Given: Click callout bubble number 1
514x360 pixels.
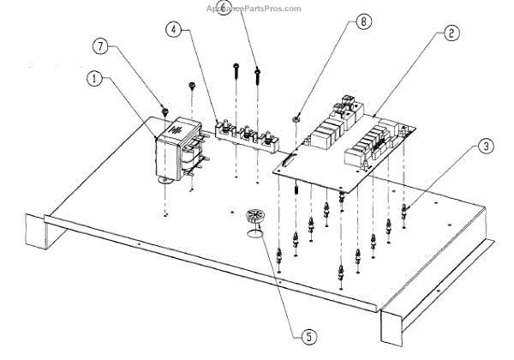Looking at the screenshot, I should click(95, 79).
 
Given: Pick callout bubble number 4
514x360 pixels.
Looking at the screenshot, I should click(175, 30).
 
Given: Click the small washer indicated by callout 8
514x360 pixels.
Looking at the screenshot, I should click(296, 117).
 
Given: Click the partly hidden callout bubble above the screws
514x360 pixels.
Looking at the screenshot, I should click(224, 9).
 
